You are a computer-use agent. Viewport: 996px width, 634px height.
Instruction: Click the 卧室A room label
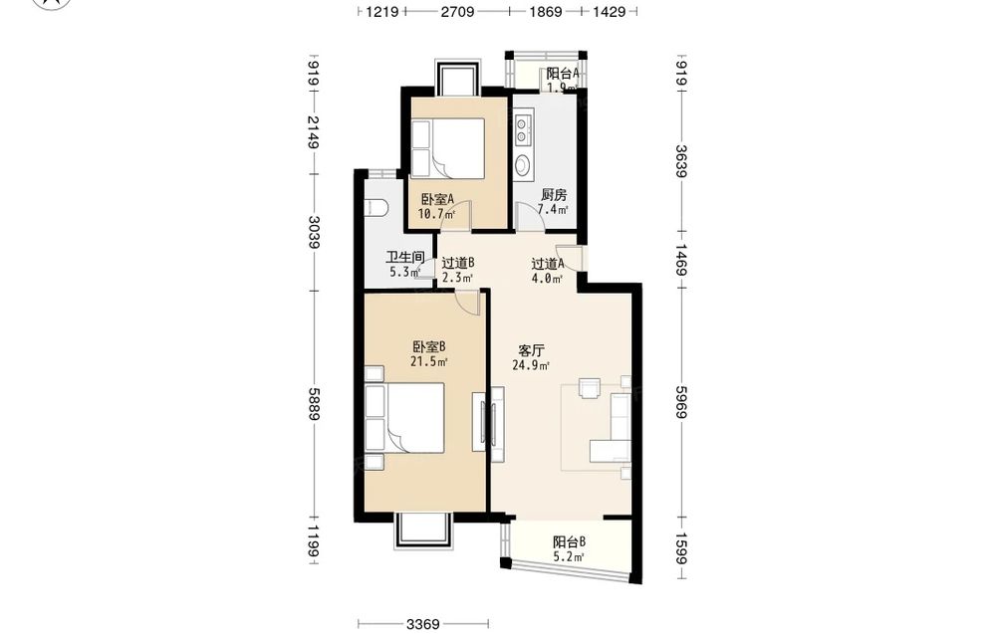coord(436,199)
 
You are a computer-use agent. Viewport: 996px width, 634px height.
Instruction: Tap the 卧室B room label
coord(428,347)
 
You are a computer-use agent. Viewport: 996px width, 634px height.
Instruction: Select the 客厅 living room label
coord(531,350)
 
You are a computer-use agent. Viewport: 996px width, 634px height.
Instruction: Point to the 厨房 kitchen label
coord(553,195)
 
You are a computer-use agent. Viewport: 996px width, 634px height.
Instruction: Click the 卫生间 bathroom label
coord(404,257)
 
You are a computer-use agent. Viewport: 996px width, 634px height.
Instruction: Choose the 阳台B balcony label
coord(569,542)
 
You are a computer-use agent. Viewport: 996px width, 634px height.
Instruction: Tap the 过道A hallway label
coord(548,264)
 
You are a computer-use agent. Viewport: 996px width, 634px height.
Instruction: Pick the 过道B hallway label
coord(458,263)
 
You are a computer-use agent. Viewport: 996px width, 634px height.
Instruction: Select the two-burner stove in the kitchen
coord(523,128)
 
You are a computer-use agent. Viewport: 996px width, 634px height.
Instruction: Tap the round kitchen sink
coord(523,165)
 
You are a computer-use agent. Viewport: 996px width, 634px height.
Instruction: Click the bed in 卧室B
coord(404,418)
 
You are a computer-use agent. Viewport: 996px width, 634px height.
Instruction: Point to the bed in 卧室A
coord(448,148)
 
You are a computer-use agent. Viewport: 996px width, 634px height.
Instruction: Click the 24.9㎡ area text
coord(531,365)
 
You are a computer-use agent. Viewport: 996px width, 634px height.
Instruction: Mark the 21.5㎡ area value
coord(428,361)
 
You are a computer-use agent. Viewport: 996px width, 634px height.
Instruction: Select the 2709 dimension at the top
coord(457,11)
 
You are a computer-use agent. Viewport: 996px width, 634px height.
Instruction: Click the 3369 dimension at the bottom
coord(423,624)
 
